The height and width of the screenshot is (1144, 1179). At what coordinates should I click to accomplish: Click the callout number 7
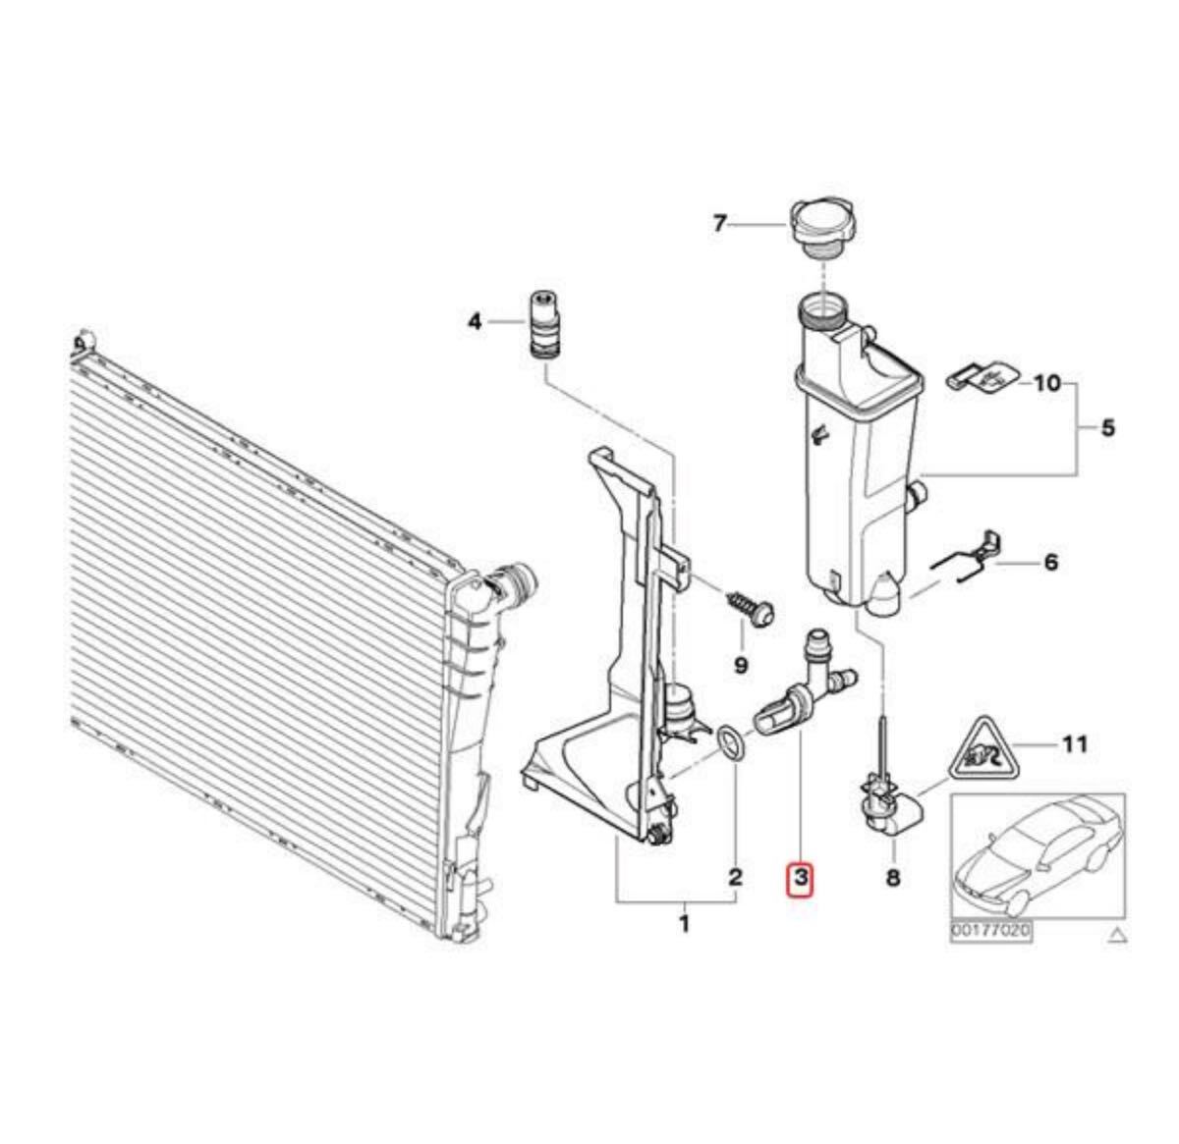coord(719,224)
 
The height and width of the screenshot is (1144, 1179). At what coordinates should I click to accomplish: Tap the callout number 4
coord(475,321)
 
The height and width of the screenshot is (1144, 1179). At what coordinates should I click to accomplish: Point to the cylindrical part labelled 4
coord(544,326)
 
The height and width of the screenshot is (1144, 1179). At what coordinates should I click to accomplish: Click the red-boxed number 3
coord(801,876)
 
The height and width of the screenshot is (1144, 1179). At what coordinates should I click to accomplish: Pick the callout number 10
coord(1048,383)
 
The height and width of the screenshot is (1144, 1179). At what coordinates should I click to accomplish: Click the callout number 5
coord(1107,428)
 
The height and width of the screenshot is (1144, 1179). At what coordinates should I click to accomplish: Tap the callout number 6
coord(1050,562)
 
